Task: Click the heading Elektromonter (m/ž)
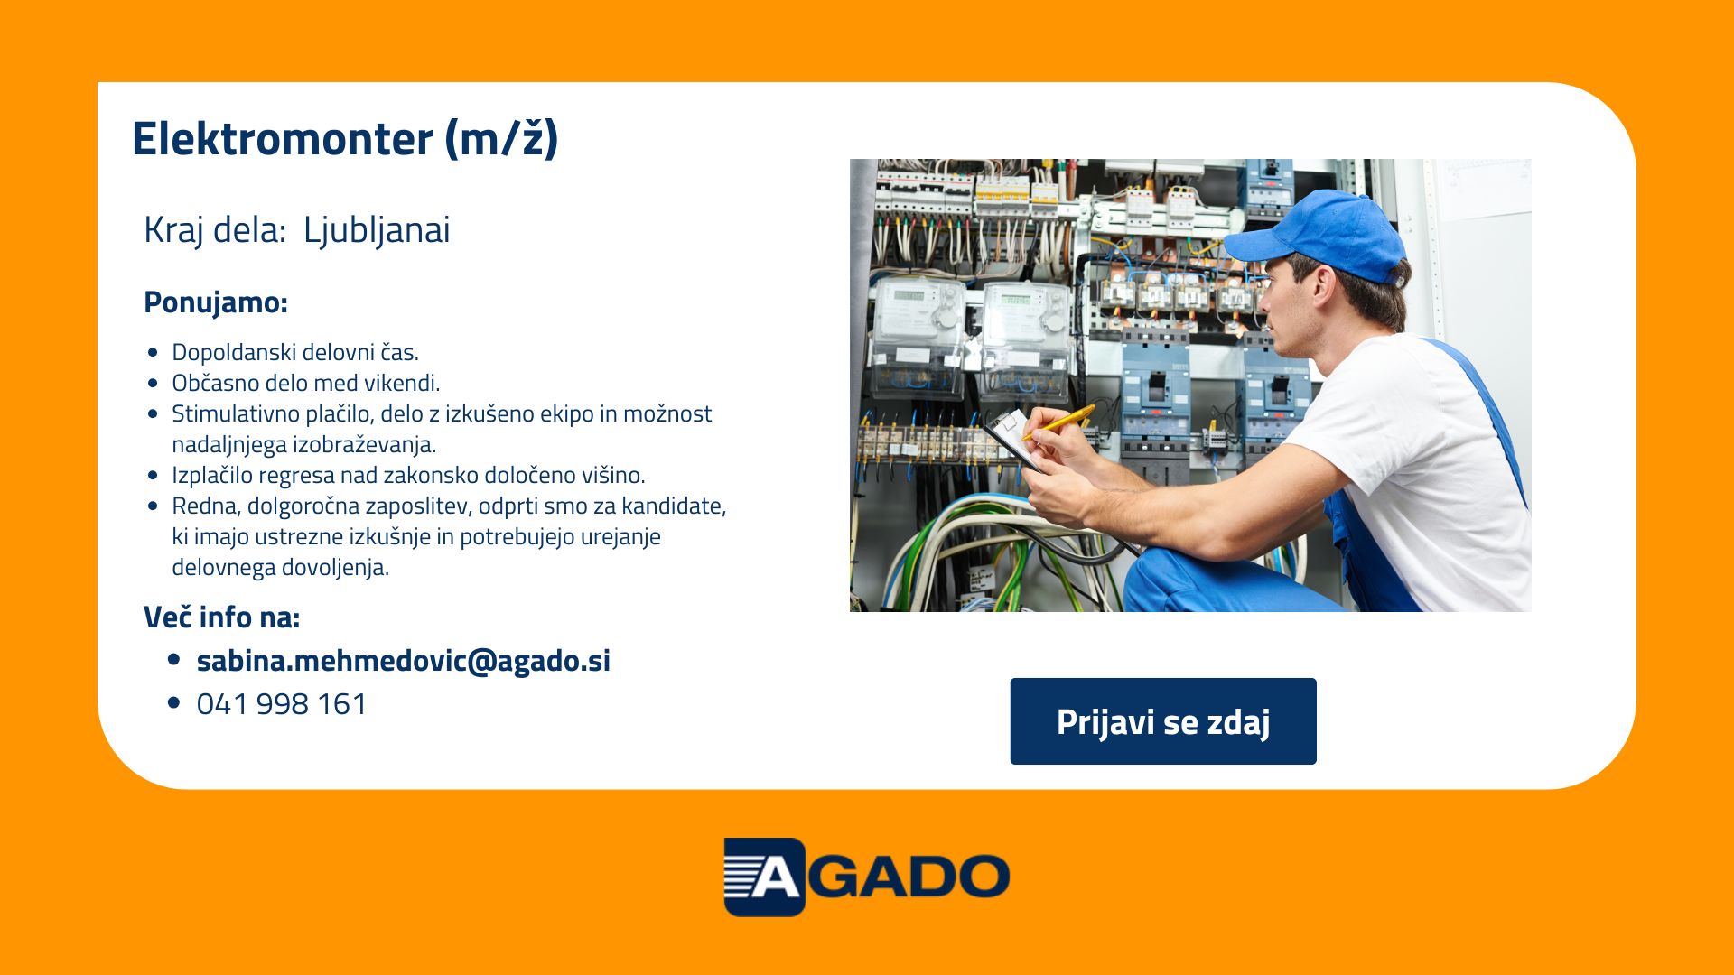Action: tap(345, 139)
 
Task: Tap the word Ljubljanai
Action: tap(377, 230)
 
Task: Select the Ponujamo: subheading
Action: tap(216, 302)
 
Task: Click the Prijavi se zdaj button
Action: tap(1163, 721)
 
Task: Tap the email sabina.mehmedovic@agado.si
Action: tap(404, 661)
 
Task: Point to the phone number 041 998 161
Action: tap(282, 704)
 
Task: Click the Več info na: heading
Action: tap(222, 617)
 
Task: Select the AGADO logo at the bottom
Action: tap(867, 877)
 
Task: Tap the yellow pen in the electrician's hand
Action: tap(1058, 422)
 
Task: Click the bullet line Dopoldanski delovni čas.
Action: tap(295, 352)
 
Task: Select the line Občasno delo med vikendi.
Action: tap(306, 383)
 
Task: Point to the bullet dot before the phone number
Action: tap(174, 704)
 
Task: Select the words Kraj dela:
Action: tap(215, 230)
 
